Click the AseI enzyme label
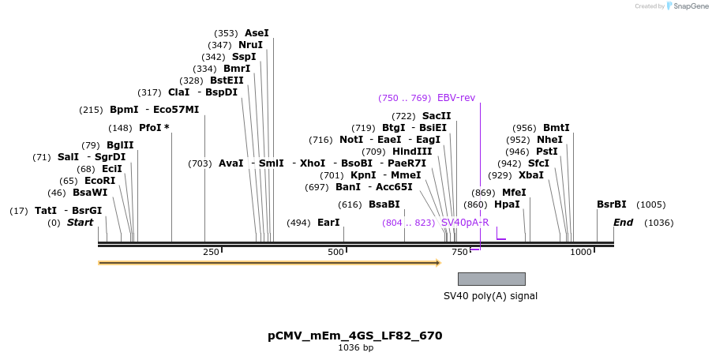[257, 33]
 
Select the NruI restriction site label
[250, 45]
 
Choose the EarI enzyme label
[328, 223]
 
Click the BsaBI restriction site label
[384, 204]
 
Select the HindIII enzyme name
[412, 152]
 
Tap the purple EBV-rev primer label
[456, 98]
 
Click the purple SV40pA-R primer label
[465, 223]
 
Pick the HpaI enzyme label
[507, 204]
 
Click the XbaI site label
[531, 175]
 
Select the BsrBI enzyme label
[612, 204]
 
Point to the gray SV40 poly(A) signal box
[491, 279]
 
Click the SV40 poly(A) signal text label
[490, 296]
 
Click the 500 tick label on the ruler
[335, 252]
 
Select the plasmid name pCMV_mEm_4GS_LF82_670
[355, 336]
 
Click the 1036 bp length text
[355, 347]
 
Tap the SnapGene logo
[688, 6]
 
